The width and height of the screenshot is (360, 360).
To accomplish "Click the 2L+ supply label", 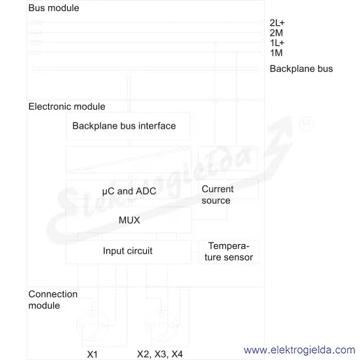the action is (277, 23).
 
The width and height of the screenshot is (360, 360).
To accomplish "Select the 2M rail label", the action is (276, 33).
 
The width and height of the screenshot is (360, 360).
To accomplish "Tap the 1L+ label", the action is (277, 43).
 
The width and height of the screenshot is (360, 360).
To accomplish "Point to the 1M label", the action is (276, 53).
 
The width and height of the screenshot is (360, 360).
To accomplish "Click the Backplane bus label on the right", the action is (301, 69).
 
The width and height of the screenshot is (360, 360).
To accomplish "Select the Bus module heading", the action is (54, 8).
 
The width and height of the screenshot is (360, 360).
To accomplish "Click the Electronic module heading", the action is (66, 106).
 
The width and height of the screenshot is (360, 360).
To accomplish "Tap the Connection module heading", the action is (52, 300).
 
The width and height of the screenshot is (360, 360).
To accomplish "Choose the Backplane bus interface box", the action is (128, 126).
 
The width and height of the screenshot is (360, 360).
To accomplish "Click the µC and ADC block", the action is (129, 189).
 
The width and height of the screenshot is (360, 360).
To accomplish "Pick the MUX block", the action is (129, 220).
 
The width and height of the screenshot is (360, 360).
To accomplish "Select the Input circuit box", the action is (129, 252).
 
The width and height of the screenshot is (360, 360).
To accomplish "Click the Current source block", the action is (228, 189).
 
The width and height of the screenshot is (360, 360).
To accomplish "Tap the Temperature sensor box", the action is (229, 252).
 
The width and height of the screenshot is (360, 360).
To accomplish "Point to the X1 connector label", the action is (92, 354).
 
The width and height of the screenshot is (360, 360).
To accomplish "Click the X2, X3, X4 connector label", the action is (160, 354).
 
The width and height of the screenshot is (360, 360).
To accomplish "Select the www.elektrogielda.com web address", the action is (299, 350).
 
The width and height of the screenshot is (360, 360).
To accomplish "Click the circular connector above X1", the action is (92, 325).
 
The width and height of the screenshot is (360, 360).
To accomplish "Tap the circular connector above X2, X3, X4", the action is (161, 325).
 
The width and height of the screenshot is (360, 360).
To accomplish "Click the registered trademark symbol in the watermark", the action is (307, 124).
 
